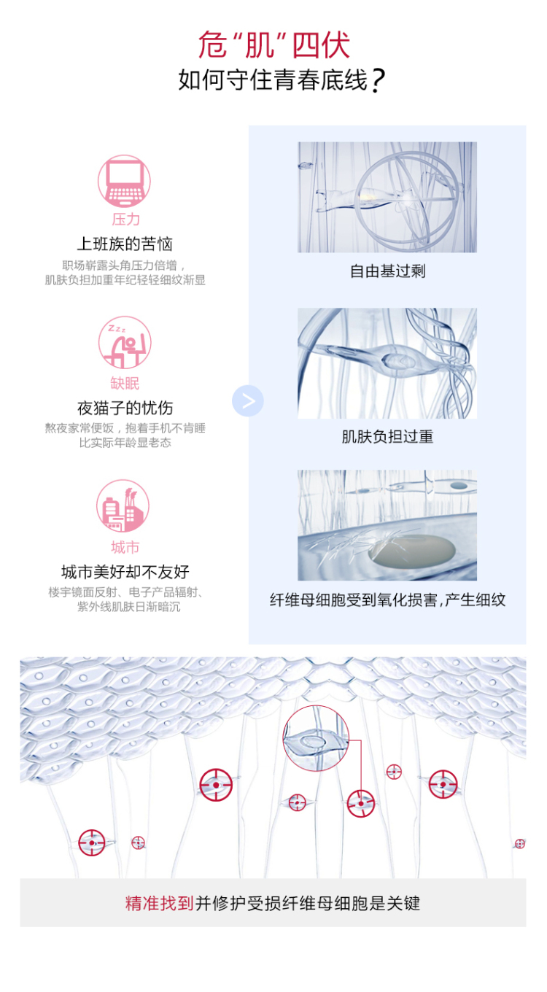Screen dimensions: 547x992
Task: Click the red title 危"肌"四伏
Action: click(273, 44)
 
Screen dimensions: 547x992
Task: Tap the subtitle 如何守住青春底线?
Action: click(282, 80)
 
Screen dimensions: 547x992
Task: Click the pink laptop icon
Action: click(124, 181)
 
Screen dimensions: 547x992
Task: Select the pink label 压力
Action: click(125, 220)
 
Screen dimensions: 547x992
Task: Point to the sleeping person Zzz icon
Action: click(125, 342)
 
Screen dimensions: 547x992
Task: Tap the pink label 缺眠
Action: click(125, 383)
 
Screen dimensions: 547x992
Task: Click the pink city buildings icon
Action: click(123, 505)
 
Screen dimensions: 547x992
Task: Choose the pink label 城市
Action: click(125, 547)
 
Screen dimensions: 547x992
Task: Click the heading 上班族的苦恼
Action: click(125, 244)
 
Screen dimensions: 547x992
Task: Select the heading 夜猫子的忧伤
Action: click(125, 408)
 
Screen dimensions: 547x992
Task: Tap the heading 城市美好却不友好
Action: click(125, 572)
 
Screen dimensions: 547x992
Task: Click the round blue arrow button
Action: click(248, 400)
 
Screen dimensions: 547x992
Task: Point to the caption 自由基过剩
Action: click(387, 271)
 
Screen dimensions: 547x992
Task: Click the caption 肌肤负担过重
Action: click(387, 437)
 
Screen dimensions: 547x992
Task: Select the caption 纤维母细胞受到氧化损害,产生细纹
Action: click(387, 600)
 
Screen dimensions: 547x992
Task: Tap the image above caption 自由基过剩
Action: click(387, 197)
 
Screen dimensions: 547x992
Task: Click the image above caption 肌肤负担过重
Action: click(387, 363)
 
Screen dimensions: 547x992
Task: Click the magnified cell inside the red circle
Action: click(316, 738)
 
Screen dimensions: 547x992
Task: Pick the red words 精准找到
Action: click(160, 903)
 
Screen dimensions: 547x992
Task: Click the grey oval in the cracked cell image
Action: click(412, 550)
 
